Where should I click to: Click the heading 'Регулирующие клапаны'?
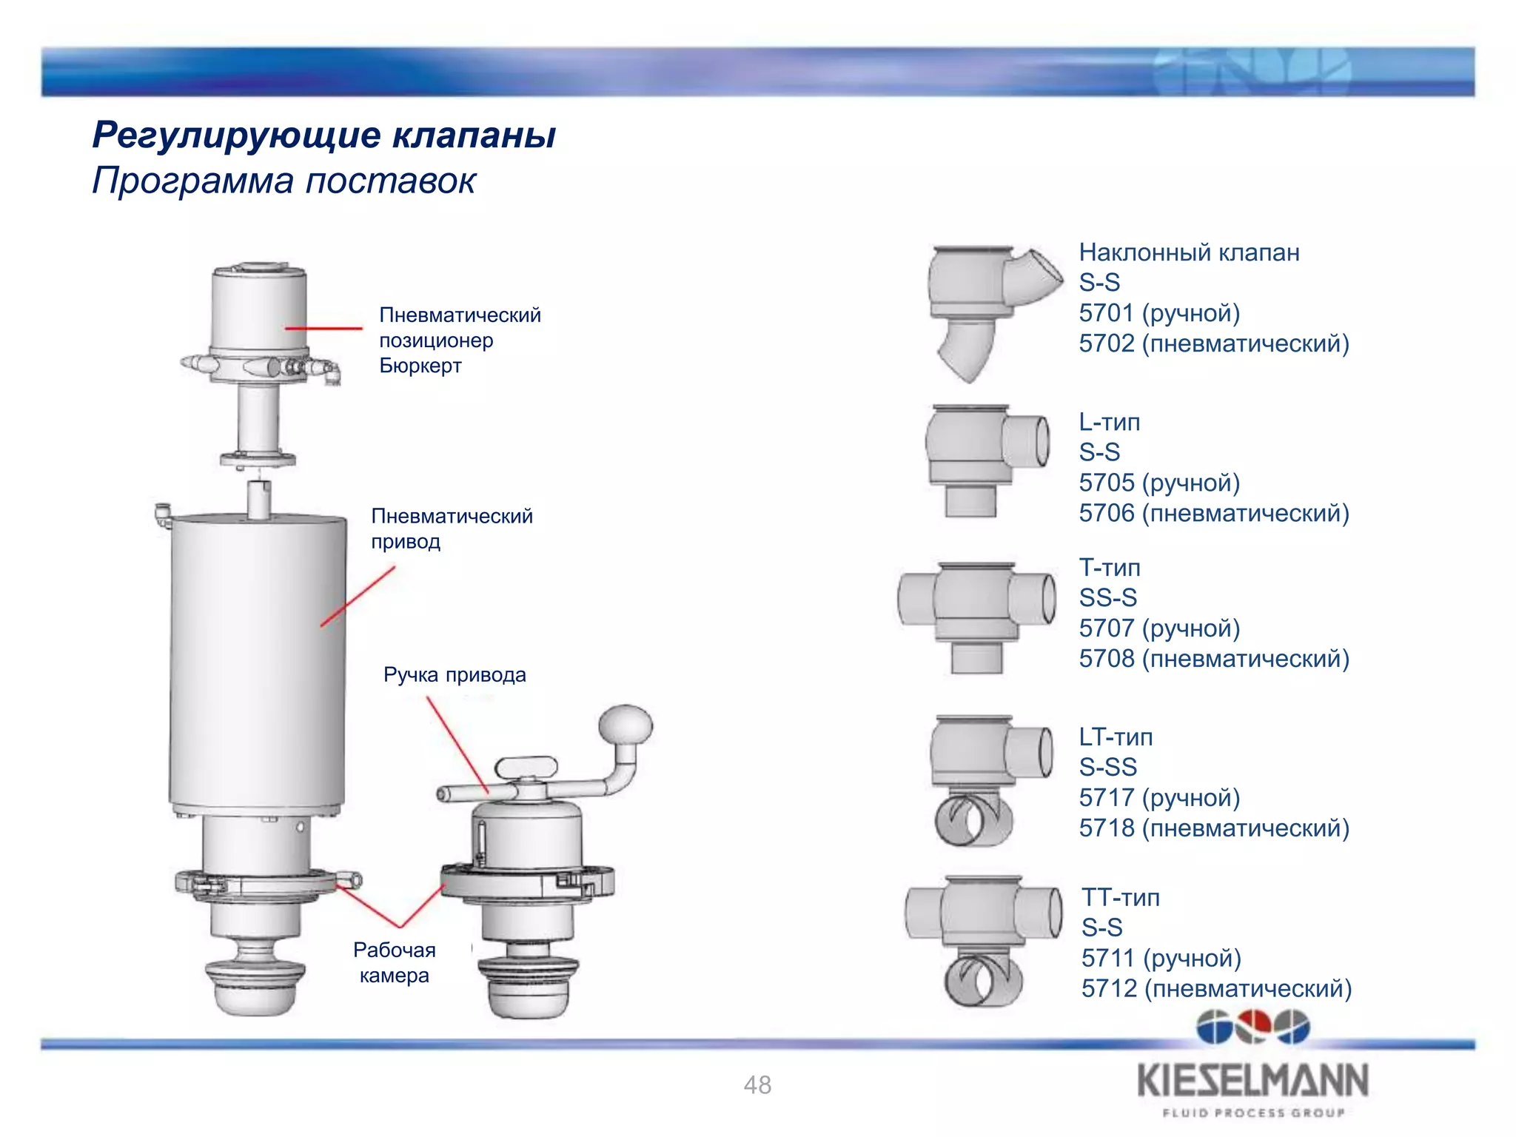point(323,135)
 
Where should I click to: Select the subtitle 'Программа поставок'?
point(284,181)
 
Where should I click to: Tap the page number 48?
point(757,1085)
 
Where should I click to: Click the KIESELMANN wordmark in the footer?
point(1252,1081)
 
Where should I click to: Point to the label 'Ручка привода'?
point(455,675)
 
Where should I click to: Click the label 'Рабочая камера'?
point(395,962)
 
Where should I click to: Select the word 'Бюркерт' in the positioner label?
point(420,366)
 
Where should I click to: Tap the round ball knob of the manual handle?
point(626,725)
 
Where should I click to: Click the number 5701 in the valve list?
point(1107,313)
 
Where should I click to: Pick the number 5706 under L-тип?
point(1107,513)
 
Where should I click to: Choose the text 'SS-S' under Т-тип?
point(1107,597)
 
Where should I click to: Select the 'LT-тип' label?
point(1116,737)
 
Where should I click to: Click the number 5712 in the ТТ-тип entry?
point(1109,988)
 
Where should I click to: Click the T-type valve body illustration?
point(976,614)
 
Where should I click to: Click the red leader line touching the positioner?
point(323,328)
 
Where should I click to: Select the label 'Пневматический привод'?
point(452,529)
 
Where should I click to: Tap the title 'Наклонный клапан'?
point(1189,252)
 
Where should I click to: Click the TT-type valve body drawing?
point(984,937)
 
